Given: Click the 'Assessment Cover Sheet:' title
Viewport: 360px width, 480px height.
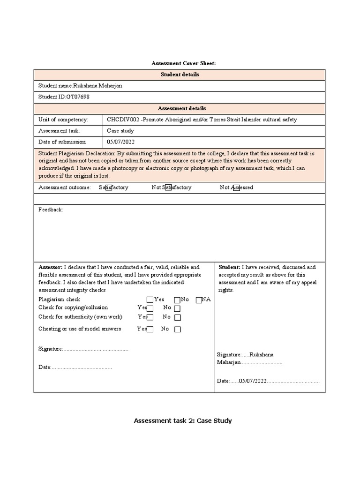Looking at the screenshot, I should tap(183, 63).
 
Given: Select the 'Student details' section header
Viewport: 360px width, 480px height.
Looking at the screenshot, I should tap(180, 75).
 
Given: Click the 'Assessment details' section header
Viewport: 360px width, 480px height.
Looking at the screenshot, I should tap(180, 108).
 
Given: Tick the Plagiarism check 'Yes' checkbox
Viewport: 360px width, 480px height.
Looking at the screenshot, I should tap(150, 300).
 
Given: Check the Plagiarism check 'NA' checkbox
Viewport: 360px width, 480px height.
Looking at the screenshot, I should tap(199, 300).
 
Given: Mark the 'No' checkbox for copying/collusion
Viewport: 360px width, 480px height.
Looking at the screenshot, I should tap(177, 308).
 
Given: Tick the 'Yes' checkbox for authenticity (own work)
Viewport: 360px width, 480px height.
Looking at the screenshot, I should tap(150, 317).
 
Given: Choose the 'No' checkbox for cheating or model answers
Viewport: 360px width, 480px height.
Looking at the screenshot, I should tap(177, 330).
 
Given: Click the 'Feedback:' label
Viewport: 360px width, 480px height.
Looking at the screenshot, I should tap(50, 210).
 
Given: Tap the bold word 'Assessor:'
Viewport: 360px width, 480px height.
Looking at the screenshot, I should tap(50, 267).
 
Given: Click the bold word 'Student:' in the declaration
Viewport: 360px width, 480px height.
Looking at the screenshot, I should tap(230, 267).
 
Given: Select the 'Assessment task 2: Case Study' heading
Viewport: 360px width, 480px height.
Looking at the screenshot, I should tap(183, 421).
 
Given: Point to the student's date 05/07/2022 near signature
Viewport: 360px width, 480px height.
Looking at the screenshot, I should tap(252, 382).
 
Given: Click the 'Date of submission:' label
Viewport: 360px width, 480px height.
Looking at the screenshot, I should tap(62, 142).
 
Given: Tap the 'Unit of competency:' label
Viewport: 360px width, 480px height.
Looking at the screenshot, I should tap(63, 120).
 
